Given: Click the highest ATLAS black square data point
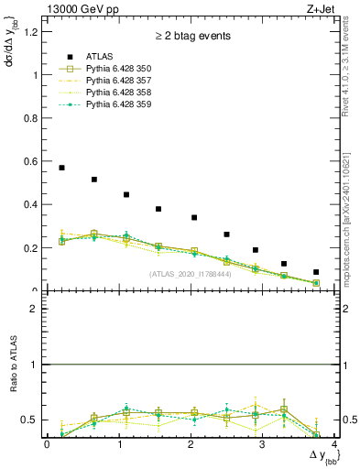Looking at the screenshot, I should pos(61,168).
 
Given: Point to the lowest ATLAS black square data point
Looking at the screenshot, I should pos(316,272).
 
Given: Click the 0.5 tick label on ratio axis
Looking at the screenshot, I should pos(31,420).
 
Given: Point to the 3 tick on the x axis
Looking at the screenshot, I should pos(262,444).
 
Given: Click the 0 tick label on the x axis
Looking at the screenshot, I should pos(47,444).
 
